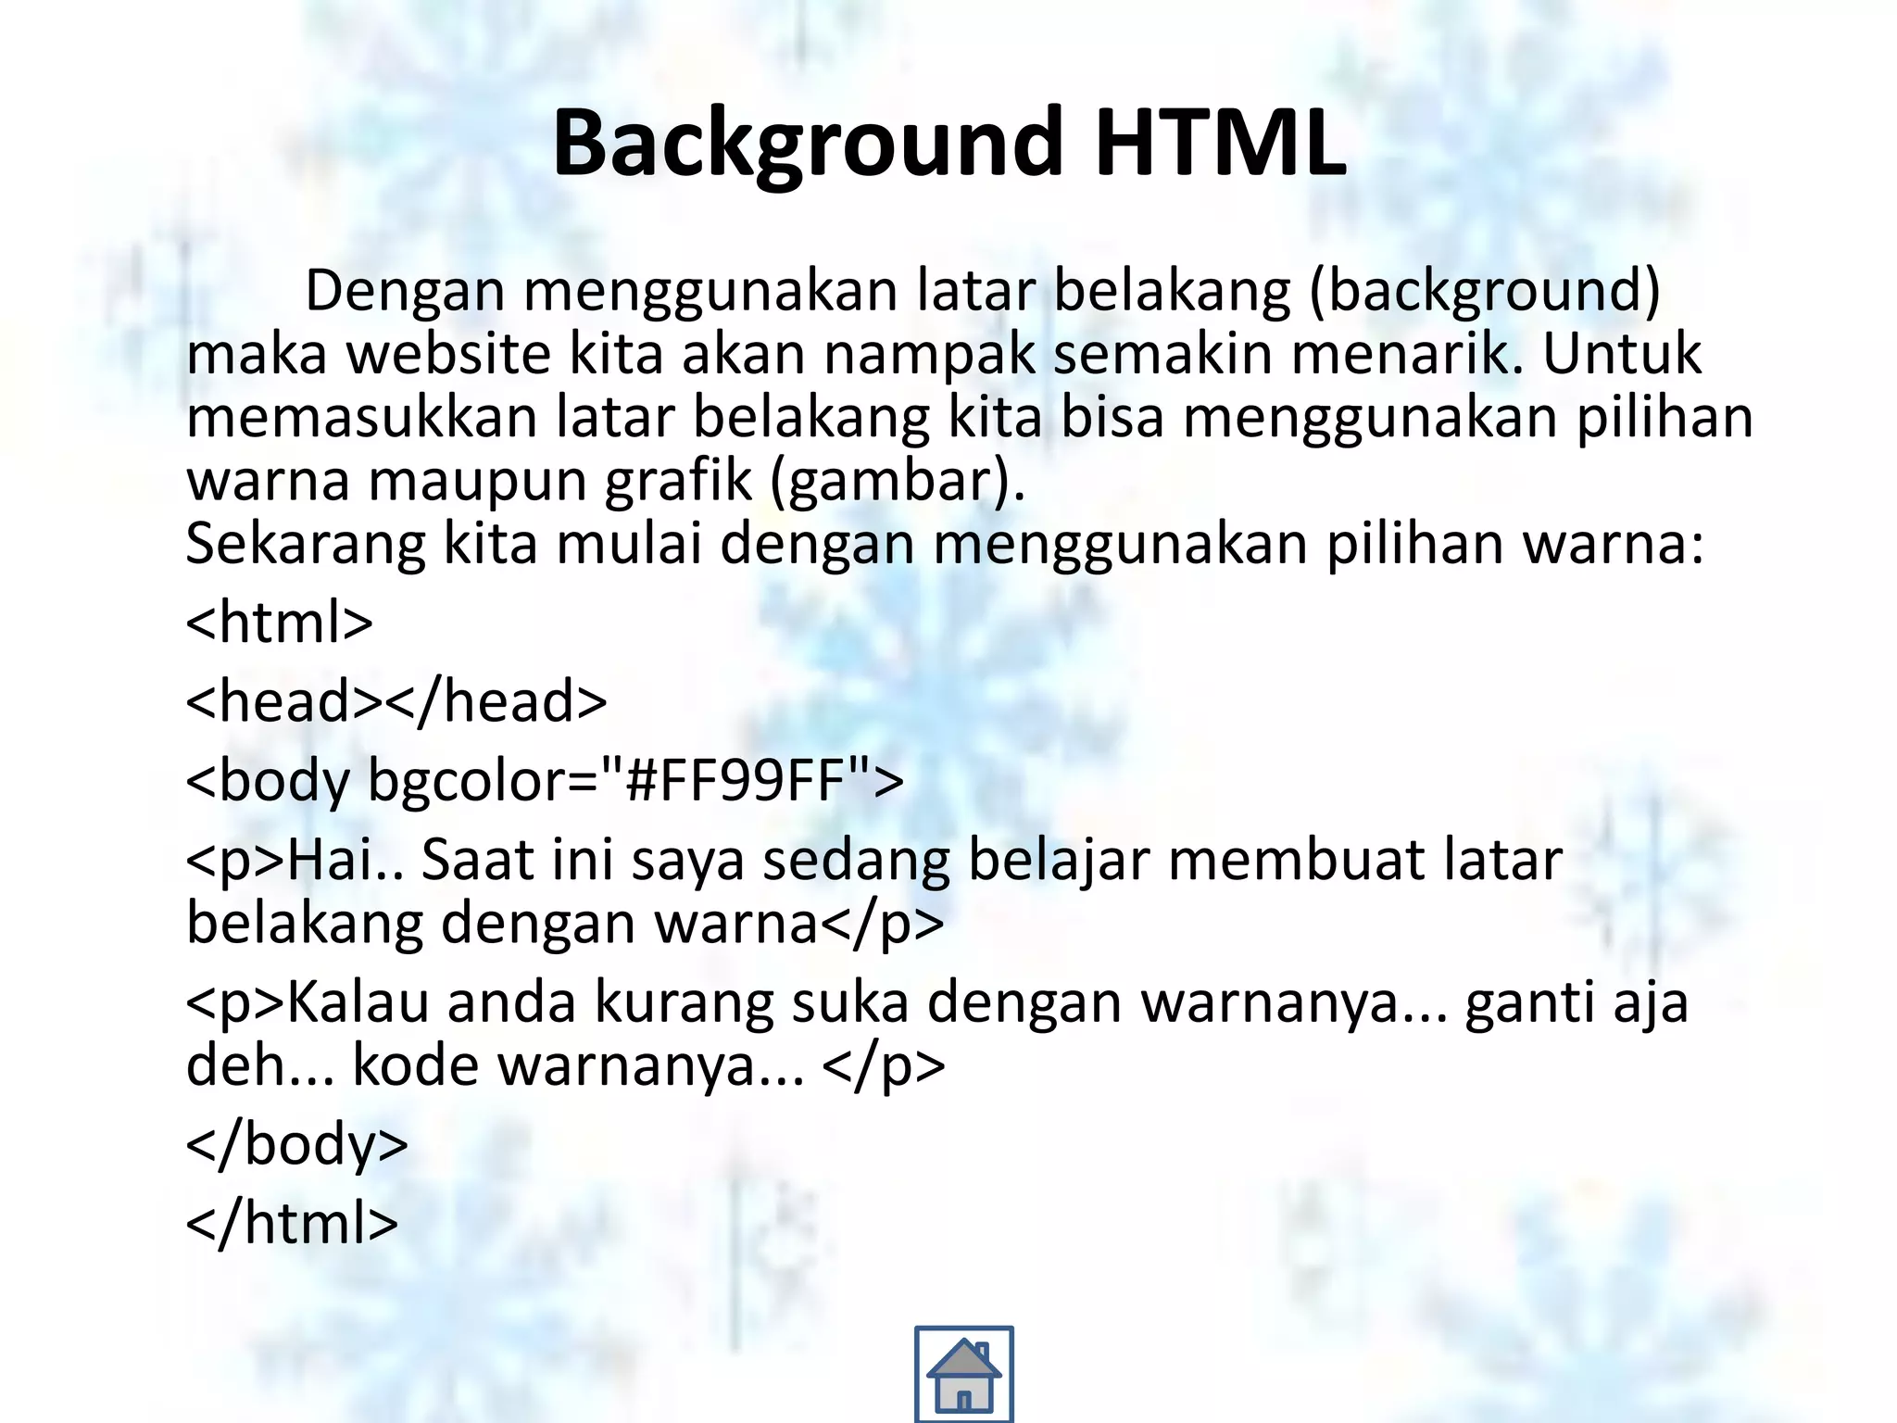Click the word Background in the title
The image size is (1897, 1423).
pyautogui.click(x=807, y=144)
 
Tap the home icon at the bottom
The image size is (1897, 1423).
pyautogui.click(x=963, y=1374)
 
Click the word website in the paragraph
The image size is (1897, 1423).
pyautogui.click(x=448, y=354)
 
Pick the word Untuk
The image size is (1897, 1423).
pyautogui.click(x=1621, y=354)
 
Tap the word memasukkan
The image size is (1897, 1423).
pyautogui.click(x=361, y=417)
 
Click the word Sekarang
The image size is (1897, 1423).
pyautogui.click(x=305, y=543)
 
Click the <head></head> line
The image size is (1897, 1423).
pyautogui.click(x=396, y=701)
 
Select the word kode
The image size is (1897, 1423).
pyautogui.click(x=416, y=1065)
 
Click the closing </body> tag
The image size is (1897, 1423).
pyautogui.click(x=296, y=1144)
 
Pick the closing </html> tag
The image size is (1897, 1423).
pyautogui.click(x=292, y=1223)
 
